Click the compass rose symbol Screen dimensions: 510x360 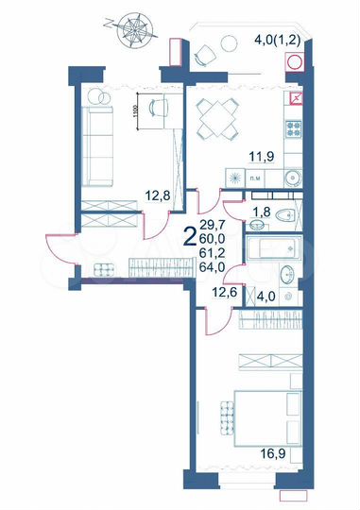click(129, 27)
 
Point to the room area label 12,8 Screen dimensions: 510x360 click(156, 196)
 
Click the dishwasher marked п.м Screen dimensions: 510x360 click(255, 177)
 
